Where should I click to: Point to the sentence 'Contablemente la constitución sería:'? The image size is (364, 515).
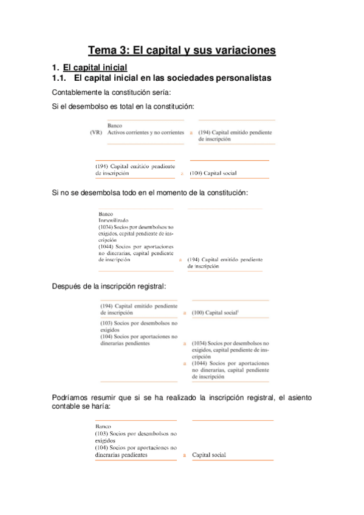click(112, 92)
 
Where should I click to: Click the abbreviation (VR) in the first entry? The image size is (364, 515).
click(95, 132)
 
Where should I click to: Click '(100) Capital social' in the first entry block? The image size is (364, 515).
click(213, 173)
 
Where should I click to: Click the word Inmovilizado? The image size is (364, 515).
click(114, 220)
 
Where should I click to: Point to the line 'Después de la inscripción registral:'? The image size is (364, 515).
click(109, 286)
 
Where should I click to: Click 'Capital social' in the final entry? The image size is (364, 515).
click(209, 454)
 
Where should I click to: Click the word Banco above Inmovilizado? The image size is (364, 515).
click(105, 214)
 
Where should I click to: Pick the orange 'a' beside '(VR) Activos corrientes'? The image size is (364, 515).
click(191, 132)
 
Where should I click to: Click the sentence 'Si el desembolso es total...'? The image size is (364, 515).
click(123, 107)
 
